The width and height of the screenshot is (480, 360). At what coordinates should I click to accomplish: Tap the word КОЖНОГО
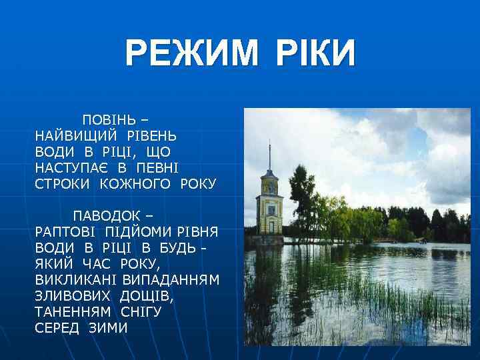[x=137, y=184]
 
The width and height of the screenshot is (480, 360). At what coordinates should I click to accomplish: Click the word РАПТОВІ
[x=66, y=232]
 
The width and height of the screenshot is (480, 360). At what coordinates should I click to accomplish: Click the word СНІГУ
[x=141, y=312]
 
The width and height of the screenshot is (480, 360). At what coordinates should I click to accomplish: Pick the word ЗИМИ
[x=108, y=328]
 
